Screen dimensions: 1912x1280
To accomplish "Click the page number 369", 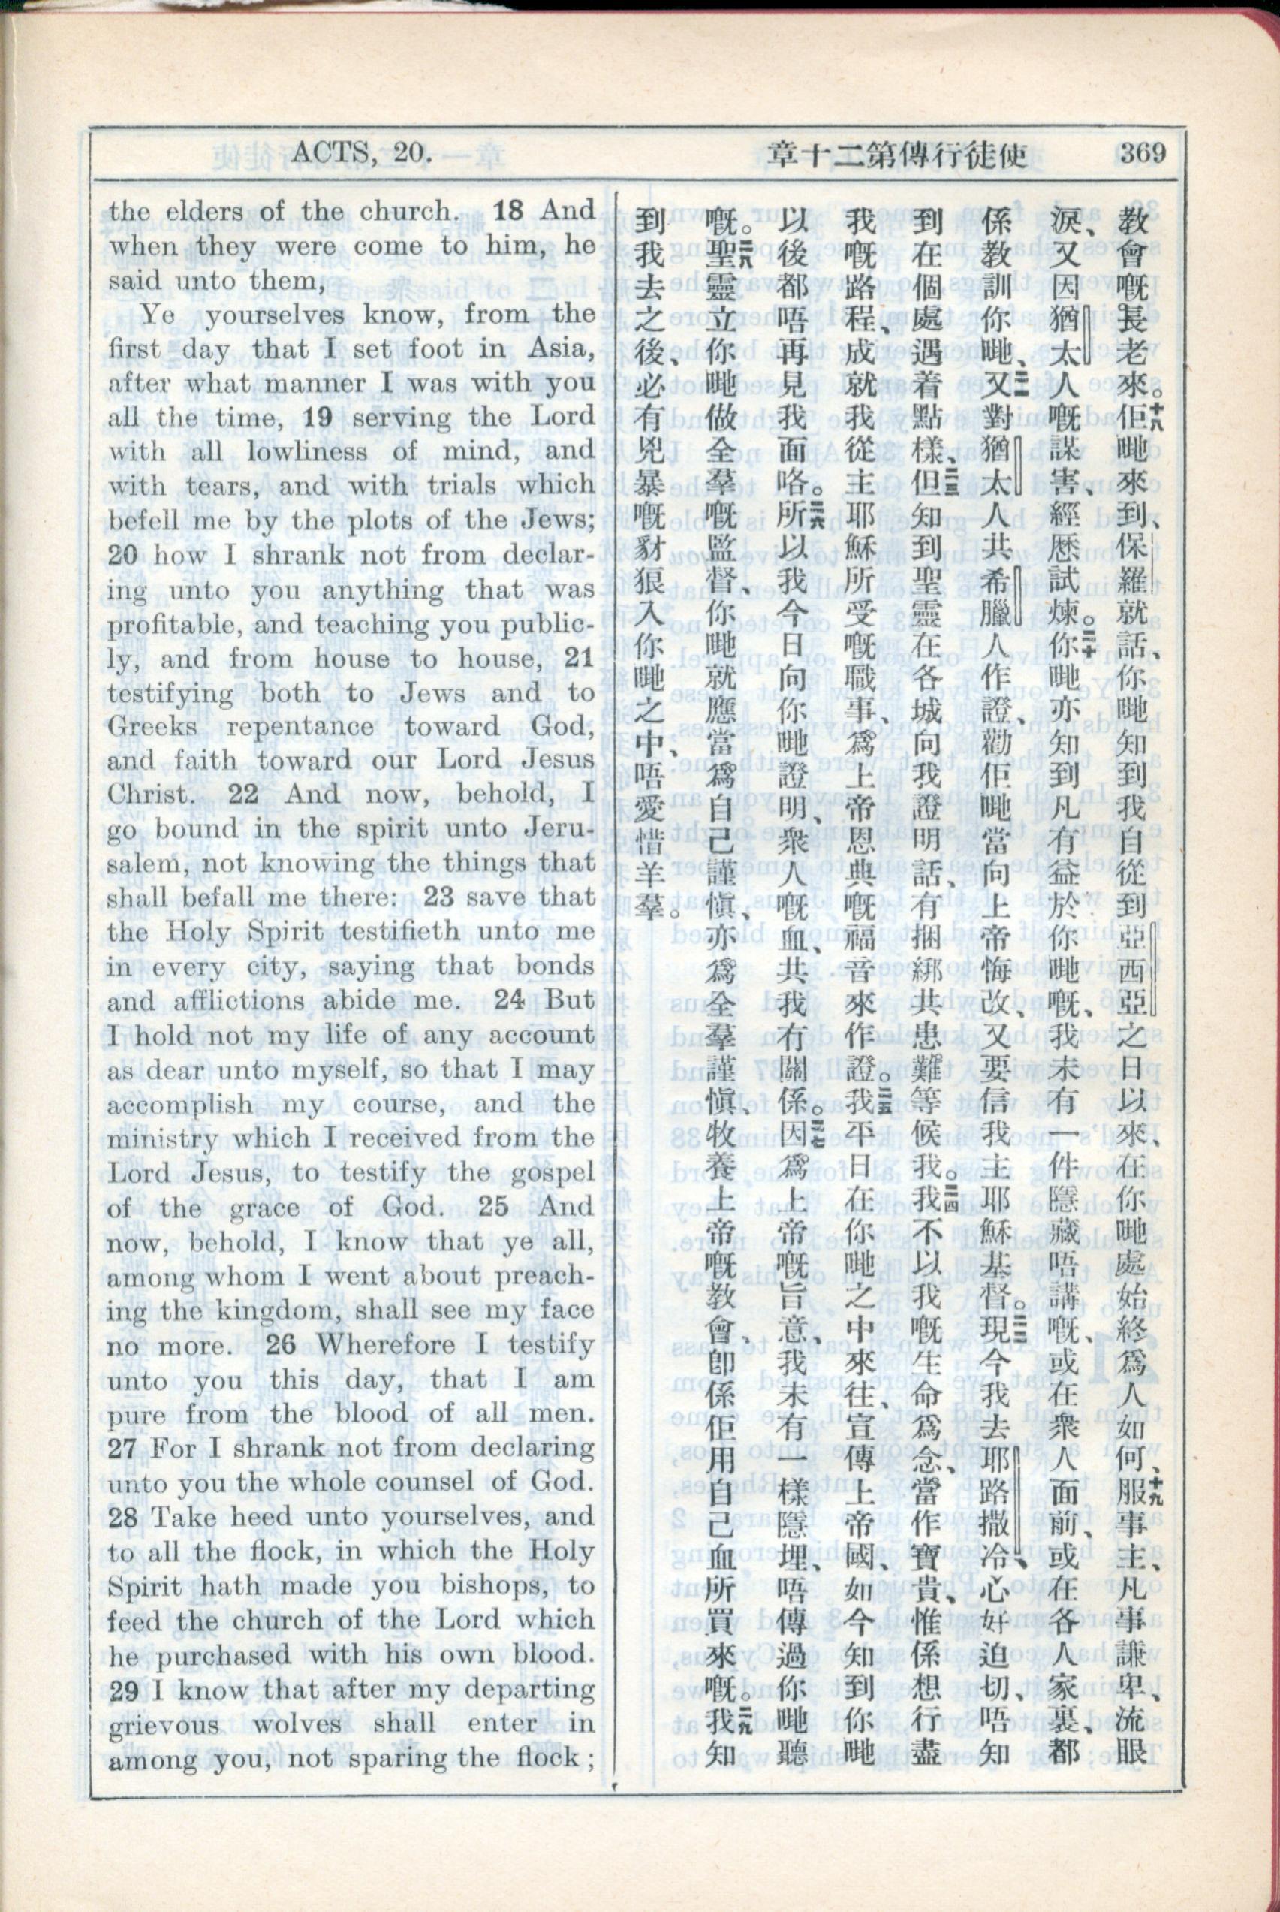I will tap(1142, 152).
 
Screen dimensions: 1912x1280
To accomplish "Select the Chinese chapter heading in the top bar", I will tap(897, 152).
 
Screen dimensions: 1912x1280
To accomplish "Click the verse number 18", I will tap(510, 210).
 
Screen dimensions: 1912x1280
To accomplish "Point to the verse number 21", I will tap(580, 658).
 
